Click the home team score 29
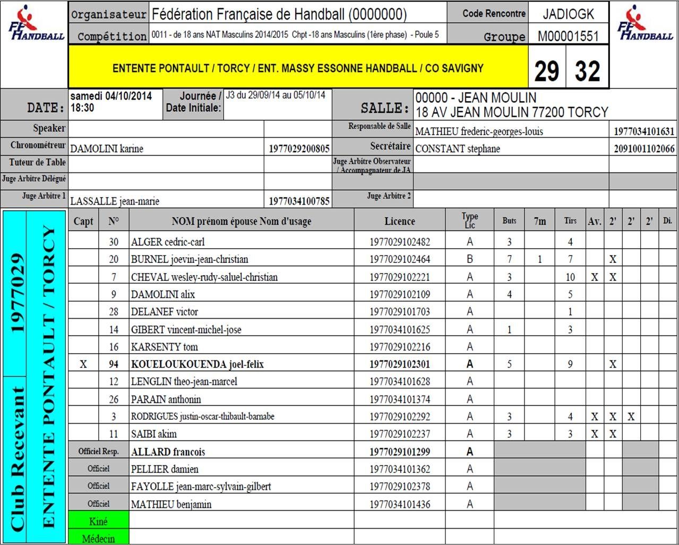[x=547, y=71]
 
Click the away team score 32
[x=587, y=71]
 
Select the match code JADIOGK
[x=568, y=14]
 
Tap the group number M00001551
[x=568, y=36]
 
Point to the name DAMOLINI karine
[x=107, y=149]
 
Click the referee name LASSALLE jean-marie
[x=115, y=201]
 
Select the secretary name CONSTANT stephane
[x=458, y=149]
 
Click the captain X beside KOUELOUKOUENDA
[x=83, y=364]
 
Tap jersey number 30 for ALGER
[x=114, y=242]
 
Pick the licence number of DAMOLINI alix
[x=400, y=294]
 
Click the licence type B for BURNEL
[x=469, y=259]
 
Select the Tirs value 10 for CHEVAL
[x=570, y=277]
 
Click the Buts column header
[x=509, y=221]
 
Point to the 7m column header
[x=539, y=221]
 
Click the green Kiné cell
[x=99, y=522]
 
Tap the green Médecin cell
[x=99, y=539]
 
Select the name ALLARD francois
[x=168, y=452]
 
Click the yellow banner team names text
[x=298, y=69]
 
